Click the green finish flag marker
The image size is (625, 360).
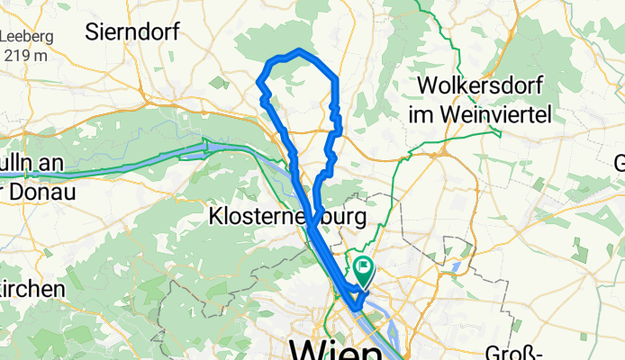tap(363, 267)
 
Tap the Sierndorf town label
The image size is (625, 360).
tap(131, 32)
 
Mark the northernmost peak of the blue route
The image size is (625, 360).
tap(298, 50)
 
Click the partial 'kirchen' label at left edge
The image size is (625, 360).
tap(32, 289)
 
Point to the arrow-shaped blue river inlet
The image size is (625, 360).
tap(209, 146)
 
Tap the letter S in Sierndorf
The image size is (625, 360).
tap(92, 32)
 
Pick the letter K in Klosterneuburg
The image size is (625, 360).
tap(214, 217)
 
